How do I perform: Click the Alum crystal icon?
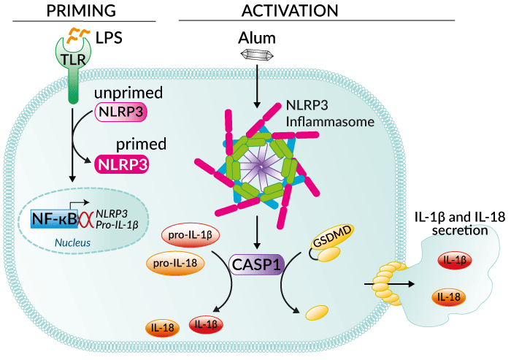(x=256, y=55)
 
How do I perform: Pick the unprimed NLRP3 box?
(x=121, y=111)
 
